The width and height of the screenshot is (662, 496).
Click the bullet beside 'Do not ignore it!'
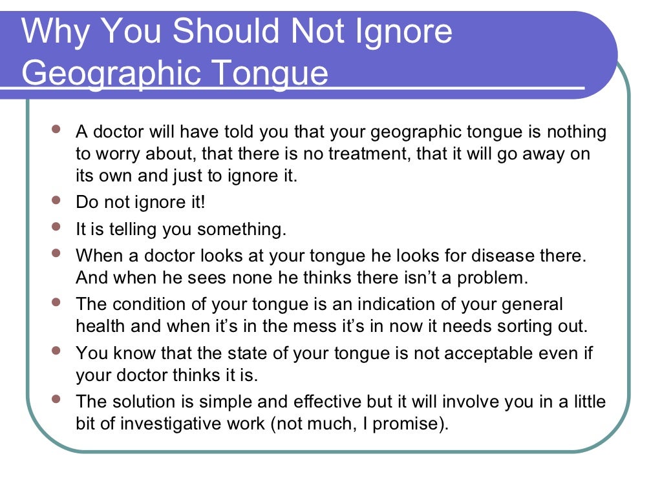56,200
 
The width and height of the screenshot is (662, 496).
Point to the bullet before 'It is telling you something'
56,227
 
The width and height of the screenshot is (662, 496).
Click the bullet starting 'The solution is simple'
56,399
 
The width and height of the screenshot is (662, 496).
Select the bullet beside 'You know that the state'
56,351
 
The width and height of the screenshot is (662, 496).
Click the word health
100,326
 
